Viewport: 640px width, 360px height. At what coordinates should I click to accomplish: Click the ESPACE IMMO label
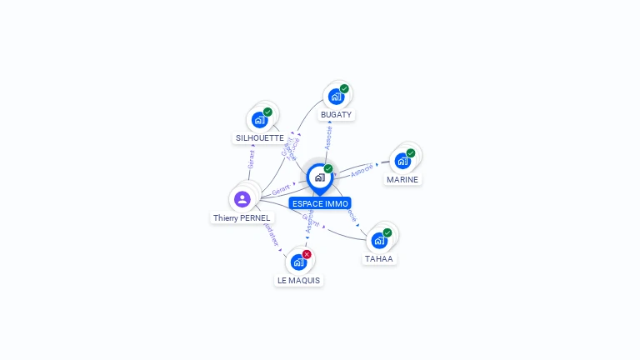(320, 203)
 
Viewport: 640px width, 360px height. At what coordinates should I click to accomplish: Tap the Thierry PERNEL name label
(242, 217)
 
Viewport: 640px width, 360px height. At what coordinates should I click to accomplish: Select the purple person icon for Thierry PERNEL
(242, 198)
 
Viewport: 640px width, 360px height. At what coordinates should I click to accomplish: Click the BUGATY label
(336, 114)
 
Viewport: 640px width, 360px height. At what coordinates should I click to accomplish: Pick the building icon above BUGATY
(335, 97)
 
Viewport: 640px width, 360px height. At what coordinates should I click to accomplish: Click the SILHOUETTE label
(259, 137)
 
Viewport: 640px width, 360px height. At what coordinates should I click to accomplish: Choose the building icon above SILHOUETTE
(259, 120)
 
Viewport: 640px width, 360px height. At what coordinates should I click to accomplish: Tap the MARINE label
(402, 179)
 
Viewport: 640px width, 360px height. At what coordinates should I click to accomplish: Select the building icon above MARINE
(402, 161)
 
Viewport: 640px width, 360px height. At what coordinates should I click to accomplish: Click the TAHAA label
(379, 258)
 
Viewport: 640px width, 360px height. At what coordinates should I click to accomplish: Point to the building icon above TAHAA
(379, 241)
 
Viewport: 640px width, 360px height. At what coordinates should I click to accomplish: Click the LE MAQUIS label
(299, 280)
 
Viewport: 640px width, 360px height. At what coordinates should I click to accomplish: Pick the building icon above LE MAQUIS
(298, 262)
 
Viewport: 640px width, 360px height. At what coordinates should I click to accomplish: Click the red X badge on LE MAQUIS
(307, 254)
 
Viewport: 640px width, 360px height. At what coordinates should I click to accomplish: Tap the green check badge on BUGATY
(344, 89)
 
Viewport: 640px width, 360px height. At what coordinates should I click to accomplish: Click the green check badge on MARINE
(411, 153)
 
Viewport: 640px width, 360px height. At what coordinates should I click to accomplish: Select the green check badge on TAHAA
(387, 232)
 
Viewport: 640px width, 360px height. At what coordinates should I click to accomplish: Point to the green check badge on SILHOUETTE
(267, 112)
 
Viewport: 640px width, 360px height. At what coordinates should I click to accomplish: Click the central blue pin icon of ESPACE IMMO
(319, 177)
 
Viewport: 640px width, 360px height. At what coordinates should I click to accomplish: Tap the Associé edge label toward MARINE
(362, 171)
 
